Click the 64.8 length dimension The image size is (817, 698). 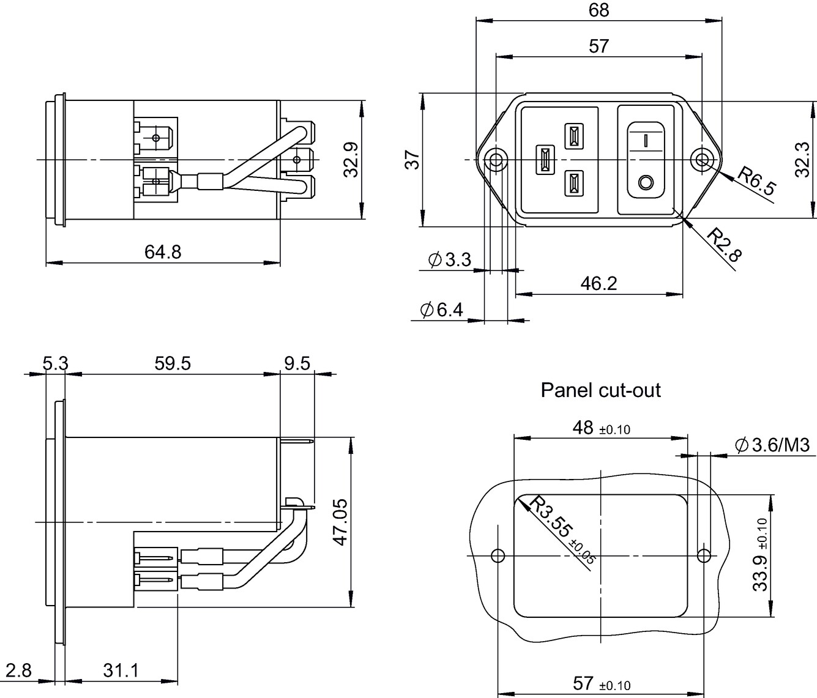pos(162,252)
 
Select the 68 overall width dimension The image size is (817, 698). pos(599,10)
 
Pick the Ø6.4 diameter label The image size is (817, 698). pos(441,310)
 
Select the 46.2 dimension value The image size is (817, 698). pos(599,283)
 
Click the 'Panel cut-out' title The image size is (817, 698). pos(600,390)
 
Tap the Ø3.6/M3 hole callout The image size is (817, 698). pos(772,445)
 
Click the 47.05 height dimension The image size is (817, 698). pos(340,522)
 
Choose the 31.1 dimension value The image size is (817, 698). pos(121,670)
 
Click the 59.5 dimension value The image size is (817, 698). pos(173,363)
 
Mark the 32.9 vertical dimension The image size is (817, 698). pos(351,160)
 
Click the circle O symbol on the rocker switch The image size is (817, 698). pos(646,183)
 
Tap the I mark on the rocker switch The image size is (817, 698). pos(646,140)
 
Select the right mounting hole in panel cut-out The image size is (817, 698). pos(704,555)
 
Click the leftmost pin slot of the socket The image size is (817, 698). pos(545,160)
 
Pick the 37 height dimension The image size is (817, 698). pos(412,160)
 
